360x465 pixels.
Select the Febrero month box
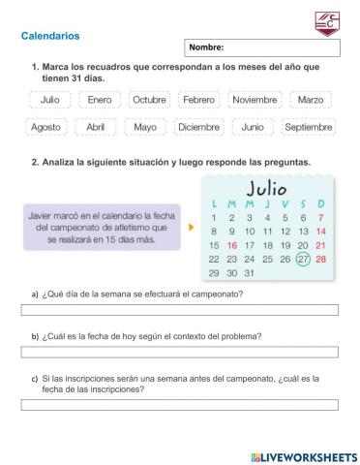[x=198, y=100]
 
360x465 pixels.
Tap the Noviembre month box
[x=255, y=100]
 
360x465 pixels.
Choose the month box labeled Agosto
[x=45, y=127]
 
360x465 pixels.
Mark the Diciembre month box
[x=199, y=127]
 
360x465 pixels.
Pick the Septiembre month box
[x=309, y=127]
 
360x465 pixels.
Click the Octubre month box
[x=149, y=100]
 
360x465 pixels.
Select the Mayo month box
[x=145, y=127]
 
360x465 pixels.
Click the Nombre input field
[x=261, y=46]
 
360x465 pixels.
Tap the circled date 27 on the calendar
[x=303, y=259]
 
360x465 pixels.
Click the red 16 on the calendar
[x=231, y=246]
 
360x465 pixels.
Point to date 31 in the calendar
[x=250, y=273]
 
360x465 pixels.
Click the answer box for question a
[x=180, y=310]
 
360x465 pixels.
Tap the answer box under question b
[x=180, y=356]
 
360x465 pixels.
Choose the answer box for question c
[x=180, y=406]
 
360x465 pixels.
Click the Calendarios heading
[x=50, y=36]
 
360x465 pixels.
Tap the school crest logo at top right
[x=327, y=23]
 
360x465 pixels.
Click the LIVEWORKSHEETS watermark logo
[x=303, y=455]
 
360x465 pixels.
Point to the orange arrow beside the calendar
[x=191, y=228]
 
